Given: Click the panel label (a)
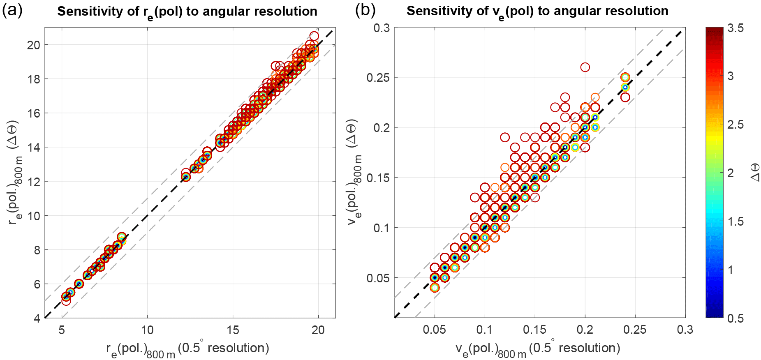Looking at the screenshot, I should tap(12, 10).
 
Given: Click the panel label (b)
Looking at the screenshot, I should tap(365, 10).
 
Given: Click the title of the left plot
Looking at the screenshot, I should tap(187, 12).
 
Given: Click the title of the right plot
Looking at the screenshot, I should tap(537, 12).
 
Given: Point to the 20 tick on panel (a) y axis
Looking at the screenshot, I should tap(34, 45).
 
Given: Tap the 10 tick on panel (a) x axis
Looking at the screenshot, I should tap(147, 330).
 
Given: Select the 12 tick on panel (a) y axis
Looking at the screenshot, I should tap(34, 182).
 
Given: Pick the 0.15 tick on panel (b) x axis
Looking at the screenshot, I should tap(535, 330).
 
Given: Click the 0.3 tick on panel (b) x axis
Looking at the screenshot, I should tap(685, 330).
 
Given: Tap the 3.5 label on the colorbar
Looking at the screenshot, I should tap(735, 28).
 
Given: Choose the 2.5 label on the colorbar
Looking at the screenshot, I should tap(735, 125).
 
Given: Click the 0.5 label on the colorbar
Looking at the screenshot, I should tap(735, 318).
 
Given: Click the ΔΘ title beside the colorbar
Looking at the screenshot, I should tap(755, 173).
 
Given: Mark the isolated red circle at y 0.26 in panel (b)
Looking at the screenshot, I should tap(585, 67).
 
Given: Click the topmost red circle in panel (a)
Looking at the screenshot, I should tap(314, 36).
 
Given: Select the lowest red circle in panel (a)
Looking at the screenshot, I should tap(66, 301).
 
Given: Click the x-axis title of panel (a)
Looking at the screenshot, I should tap(187, 349).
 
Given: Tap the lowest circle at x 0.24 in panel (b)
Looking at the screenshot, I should tap(625, 97).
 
